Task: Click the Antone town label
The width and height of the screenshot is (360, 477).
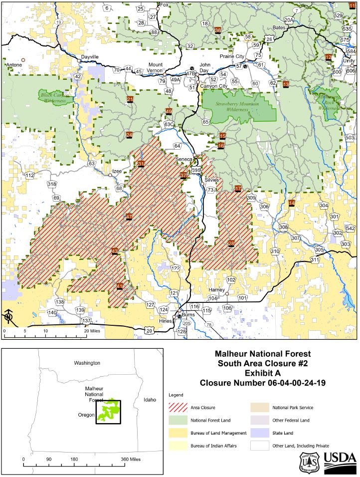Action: [13, 65]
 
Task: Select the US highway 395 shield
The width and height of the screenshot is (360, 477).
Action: [196, 171]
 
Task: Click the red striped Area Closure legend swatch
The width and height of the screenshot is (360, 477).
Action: [178, 408]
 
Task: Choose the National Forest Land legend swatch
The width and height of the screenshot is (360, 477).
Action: [178, 420]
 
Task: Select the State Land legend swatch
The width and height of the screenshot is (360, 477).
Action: [259, 432]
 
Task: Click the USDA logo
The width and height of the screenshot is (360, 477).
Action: [340, 462]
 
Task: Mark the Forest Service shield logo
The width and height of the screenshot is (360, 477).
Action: [308, 463]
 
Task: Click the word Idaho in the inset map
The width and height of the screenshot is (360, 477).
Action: [149, 400]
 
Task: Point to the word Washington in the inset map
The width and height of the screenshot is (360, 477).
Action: [87, 363]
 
